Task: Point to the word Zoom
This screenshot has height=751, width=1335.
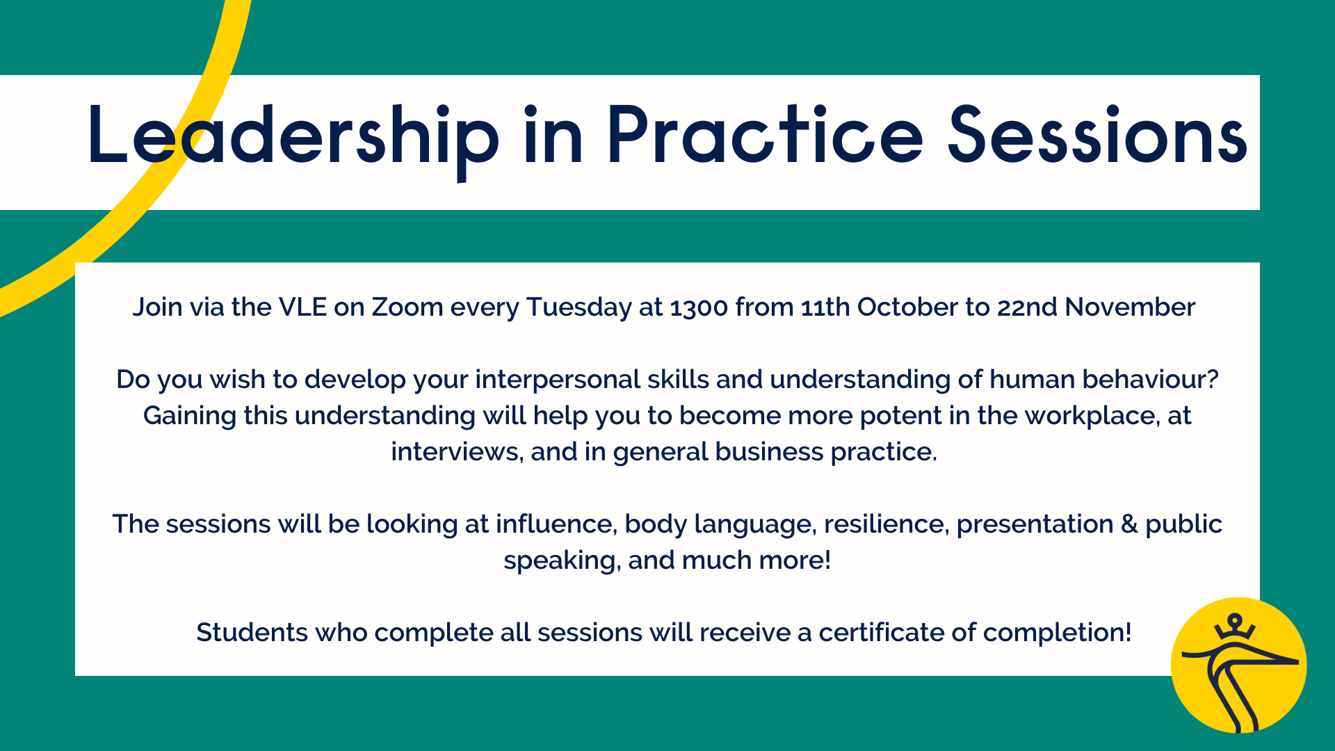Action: tap(407, 307)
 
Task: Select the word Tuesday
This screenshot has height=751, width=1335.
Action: tap(578, 307)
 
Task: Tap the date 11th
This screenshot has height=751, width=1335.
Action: tap(825, 307)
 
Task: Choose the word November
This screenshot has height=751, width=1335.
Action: tap(1130, 307)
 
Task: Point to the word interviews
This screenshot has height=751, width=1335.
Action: tap(455, 452)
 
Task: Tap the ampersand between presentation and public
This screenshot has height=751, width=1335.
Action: tap(1129, 524)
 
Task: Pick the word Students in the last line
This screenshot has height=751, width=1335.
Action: tap(252, 633)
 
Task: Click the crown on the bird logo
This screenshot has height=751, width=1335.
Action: tap(1234, 626)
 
